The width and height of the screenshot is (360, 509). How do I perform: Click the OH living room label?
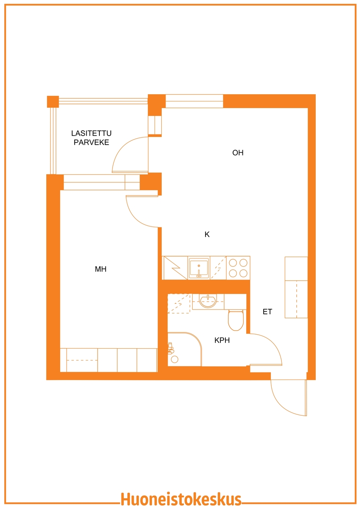coord(238,153)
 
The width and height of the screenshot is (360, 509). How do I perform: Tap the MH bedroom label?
coord(101,269)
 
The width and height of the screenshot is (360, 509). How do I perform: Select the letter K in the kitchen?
coord(207,234)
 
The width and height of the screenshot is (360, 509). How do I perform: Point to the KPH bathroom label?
coord(222,340)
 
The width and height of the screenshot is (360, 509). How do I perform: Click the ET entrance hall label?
coord(267,311)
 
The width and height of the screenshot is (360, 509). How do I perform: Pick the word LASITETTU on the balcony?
coord(91,133)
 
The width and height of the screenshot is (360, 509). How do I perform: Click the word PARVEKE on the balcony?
coord(91,142)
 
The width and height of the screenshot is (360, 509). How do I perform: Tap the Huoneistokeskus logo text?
coord(181,500)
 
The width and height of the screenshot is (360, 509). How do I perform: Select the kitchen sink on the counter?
coord(199,268)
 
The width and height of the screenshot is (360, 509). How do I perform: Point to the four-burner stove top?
coord(238,268)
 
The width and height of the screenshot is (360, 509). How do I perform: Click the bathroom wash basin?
coord(208,301)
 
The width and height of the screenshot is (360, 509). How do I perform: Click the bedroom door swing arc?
coord(135,218)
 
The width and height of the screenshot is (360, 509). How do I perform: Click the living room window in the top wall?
coord(194,101)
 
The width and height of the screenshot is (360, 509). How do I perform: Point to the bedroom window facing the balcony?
coord(101,182)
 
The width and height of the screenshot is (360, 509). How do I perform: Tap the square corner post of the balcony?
coord(53,101)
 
